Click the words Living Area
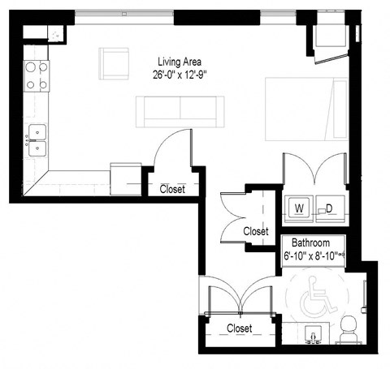[x=180, y=61]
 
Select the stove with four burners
[x=37, y=75]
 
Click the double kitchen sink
[x=37, y=140]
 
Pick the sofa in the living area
[x=180, y=110]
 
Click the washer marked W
[x=298, y=208]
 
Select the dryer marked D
[x=330, y=208]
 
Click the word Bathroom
[x=310, y=243]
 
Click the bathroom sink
[x=312, y=334]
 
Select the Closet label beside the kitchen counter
[x=171, y=189]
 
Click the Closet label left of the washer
[x=255, y=231]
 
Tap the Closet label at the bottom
[x=239, y=328]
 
